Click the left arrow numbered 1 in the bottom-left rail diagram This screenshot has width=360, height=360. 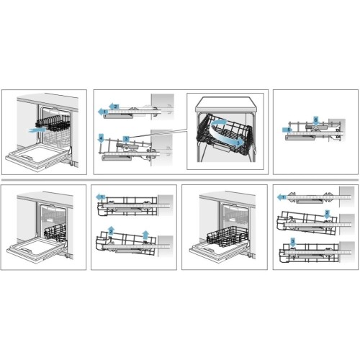[x=101, y=196]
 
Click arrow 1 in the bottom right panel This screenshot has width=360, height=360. [x=282, y=196]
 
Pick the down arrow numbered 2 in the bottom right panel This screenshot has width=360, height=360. [x=325, y=214]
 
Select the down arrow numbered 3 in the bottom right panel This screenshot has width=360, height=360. [x=292, y=240]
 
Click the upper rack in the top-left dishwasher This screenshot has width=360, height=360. [x=54, y=122]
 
